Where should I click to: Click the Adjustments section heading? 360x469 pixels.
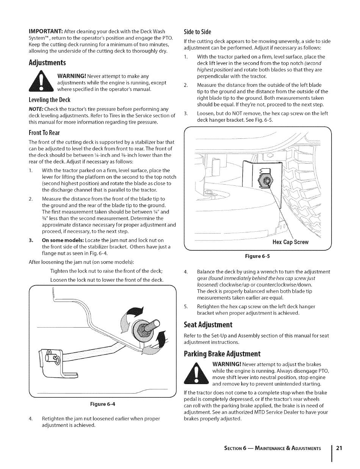47,63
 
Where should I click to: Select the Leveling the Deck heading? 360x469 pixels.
50,100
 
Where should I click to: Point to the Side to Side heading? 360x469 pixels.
197,31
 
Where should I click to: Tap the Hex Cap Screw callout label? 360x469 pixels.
291,242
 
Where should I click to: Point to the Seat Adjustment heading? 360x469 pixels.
208,325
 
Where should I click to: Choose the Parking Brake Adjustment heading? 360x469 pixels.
222,354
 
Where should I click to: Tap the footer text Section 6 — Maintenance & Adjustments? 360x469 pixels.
273,448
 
